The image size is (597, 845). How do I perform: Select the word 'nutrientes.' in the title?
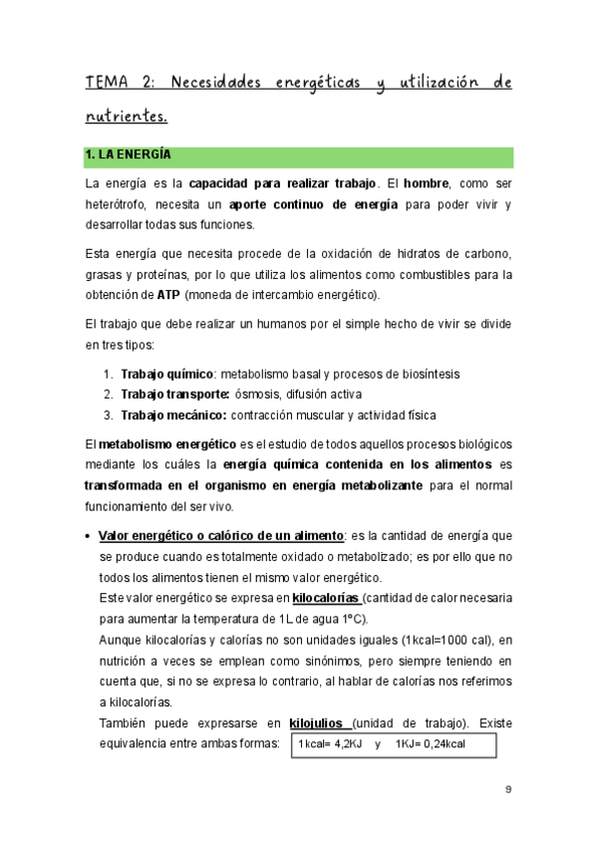[x=126, y=117]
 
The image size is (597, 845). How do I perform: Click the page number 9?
[x=508, y=791]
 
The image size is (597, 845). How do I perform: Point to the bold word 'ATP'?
[x=168, y=294]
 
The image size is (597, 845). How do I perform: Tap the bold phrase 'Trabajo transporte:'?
[x=174, y=394]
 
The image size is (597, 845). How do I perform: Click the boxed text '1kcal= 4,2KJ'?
[x=333, y=744]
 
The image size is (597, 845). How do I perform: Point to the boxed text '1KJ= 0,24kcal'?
[x=431, y=744]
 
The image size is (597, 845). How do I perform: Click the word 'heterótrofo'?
[x=119, y=204]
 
